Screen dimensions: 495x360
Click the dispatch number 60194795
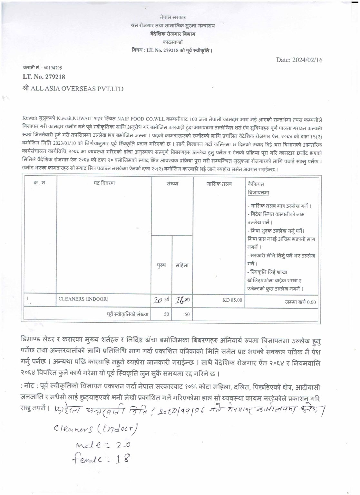click(x=51, y=68)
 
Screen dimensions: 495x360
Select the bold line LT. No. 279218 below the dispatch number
click(x=44, y=77)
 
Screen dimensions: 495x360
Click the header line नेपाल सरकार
click(x=172, y=17)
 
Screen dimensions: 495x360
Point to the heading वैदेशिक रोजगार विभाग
click(x=172, y=34)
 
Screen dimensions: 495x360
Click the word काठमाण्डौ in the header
click(x=172, y=42)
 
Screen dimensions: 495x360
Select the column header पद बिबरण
click(x=104, y=184)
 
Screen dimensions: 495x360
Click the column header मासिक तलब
click(x=219, y=184)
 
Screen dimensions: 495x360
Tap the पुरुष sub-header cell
click(x=161, y=266)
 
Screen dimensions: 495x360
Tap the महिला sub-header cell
click(x=182, y=266)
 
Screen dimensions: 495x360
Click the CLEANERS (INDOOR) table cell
click(x=83, y=299)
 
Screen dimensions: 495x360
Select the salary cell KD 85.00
click(x=232, y=300)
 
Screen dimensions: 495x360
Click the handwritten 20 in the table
click(x=158, y=300)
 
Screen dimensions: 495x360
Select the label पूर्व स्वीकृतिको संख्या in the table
click(x=128, y=314)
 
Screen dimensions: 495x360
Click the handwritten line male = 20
click(x=103, y=445)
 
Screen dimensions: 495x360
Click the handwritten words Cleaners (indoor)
click(x=95, y=429)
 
